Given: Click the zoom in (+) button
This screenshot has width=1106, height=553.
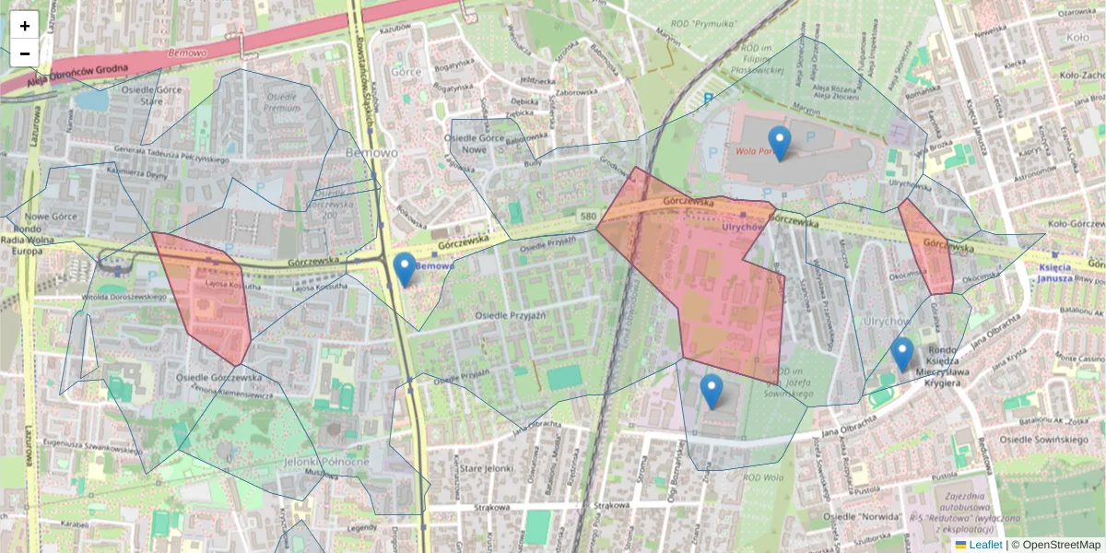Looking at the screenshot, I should (25, 26).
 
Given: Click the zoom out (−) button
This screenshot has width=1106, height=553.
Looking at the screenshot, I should (25, 53).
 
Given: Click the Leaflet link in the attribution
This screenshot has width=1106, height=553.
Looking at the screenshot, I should (985, 545).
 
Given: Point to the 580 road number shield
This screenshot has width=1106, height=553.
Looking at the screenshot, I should (588, 215).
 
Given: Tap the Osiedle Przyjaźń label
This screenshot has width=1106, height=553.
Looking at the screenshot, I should (511, 315).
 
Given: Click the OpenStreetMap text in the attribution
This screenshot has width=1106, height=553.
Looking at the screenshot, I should (1061, 545).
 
